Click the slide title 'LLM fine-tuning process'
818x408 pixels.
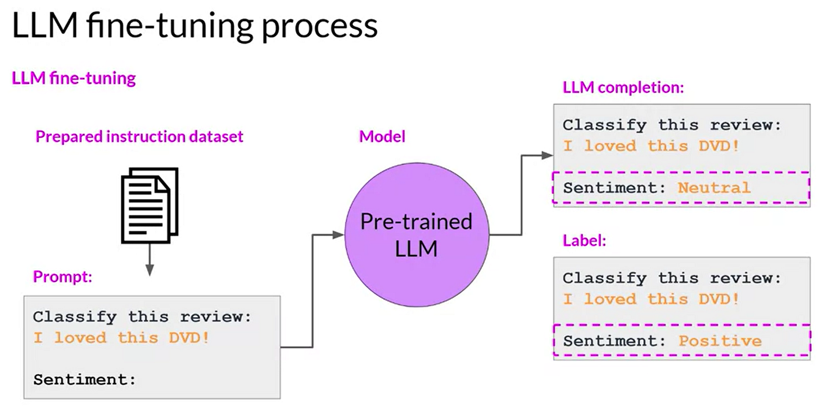click(x=195, y=27)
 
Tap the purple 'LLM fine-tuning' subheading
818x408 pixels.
click(x=74, y=78)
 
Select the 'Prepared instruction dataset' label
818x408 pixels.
click(x=139, y=137)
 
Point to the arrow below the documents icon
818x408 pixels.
click(x=150, y=260)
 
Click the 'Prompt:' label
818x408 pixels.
click(x=63, y=277)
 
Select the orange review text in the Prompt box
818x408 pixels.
click(x=120, y=337)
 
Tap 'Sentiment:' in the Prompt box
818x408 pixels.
click(x=84, y=379)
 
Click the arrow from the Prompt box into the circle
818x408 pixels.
click(x=314, y=292)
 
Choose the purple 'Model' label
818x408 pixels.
click(x=382, y=137)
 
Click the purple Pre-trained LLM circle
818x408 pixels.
click(x=416, y=235)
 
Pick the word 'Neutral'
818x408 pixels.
click(x=713, y=188)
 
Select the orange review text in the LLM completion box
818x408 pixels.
click(x=651, y=145)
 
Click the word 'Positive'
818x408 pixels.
click(x=720, y=341)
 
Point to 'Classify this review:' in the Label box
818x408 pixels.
click(x=671, y=278)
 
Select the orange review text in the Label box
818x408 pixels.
click(x=651, y=299)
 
